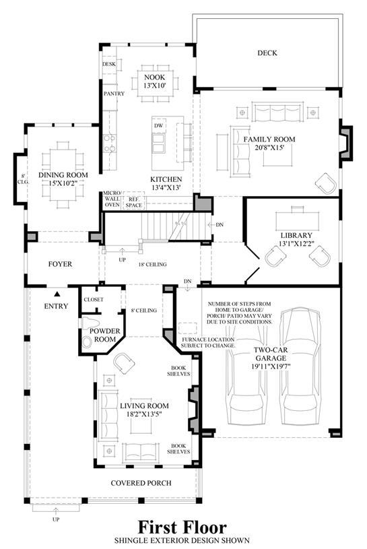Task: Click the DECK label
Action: pos(267,53)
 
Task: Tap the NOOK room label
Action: pos(154,77)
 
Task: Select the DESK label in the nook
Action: pos(109,65)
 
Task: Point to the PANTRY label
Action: pos(114,94)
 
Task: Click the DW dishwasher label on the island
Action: pos(158,126)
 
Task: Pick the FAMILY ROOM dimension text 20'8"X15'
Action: pos(269,148)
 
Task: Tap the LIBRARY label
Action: pos(296,235)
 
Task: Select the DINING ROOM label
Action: pos(63,174)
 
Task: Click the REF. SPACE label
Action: pos(134,202)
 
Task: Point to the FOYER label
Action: pos(60,264)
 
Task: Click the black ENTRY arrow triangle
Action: pos(56,294)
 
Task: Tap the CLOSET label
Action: pos(94,300)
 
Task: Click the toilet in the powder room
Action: pos(90,323)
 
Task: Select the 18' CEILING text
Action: pos(153,264)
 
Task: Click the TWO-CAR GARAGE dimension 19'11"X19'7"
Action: pos(271,366)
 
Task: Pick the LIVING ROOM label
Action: pos(145,406)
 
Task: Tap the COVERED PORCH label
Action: pos(141,483)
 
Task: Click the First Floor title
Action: pos(182,527)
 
